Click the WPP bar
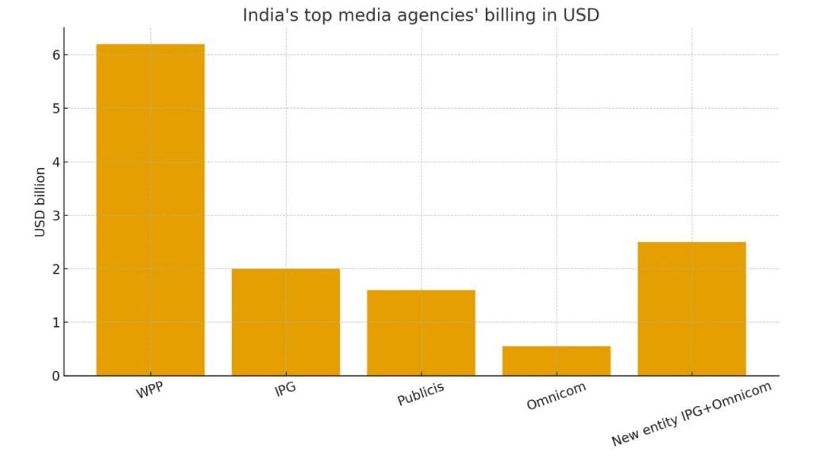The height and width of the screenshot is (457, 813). (150, 209)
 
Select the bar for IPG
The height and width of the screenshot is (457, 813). (286, 321)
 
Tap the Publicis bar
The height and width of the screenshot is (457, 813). (421, 332)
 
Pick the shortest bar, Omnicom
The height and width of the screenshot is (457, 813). (557, 361)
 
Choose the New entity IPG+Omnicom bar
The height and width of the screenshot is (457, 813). (692, 309)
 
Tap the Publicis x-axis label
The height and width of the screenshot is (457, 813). (421, 394)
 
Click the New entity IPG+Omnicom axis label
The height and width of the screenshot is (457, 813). (691, 413)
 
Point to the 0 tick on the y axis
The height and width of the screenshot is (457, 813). (56, 376)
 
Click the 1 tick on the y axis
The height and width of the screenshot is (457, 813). (56, 322)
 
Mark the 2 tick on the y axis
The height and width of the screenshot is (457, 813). (56, 269)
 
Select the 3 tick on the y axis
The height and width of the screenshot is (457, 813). (56, 216)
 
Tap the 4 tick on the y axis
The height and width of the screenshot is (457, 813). (56, 162)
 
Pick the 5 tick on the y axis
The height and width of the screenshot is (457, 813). (56, 109)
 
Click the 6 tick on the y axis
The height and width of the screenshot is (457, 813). (56, 55)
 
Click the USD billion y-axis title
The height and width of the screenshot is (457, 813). (40, 202)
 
